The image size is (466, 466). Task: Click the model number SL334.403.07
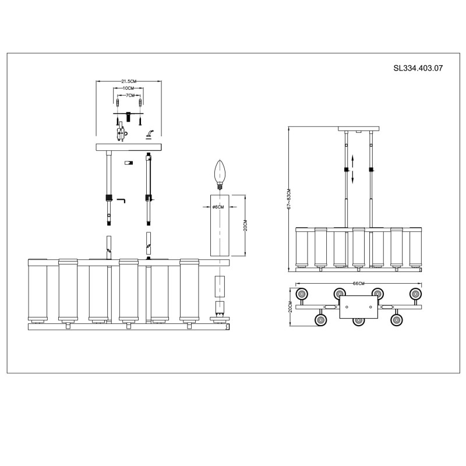418,68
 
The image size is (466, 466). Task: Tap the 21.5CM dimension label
128,81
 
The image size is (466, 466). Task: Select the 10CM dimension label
128,89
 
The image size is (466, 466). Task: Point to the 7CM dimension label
130,96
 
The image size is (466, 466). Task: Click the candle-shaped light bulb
220,175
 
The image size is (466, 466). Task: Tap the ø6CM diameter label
218,207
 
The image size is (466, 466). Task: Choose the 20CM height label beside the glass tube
245,225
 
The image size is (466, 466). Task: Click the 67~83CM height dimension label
289,199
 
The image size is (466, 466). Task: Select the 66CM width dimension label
358,283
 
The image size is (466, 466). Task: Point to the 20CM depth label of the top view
290,307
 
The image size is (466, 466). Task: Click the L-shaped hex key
121,200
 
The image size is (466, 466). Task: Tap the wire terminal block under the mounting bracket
121,133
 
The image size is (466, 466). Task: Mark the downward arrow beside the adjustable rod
353,177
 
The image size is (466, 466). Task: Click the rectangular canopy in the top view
359,307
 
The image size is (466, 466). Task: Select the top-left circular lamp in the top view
302,295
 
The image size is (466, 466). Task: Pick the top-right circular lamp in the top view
416,294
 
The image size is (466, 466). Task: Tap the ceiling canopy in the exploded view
128,147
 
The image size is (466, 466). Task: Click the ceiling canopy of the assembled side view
359,129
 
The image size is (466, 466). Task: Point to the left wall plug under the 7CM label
118,104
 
